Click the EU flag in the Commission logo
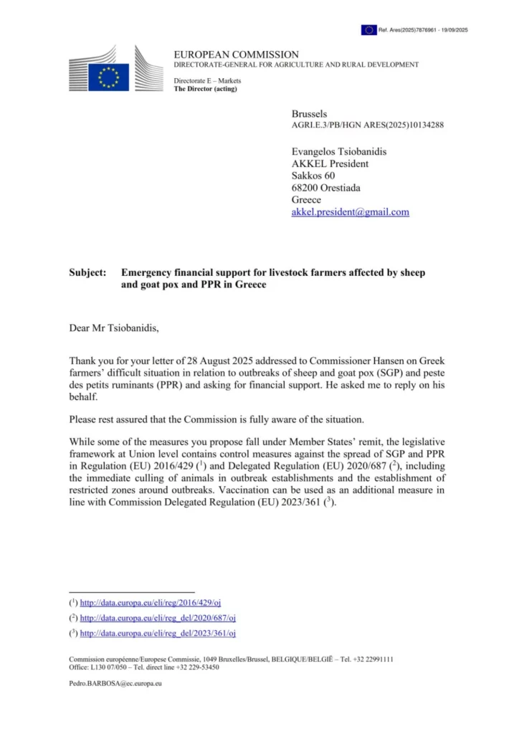click(109, 77)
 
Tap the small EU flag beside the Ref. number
click(368, 30)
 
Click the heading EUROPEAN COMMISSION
click(236, 54)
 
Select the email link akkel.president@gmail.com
click(350, 212)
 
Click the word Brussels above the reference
click(309, 114)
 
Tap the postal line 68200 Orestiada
click(326, 188)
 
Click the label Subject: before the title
click(88, 273)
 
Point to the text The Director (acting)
click(205, 89)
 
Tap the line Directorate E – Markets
click(207, 80)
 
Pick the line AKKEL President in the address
click(330, 163)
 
